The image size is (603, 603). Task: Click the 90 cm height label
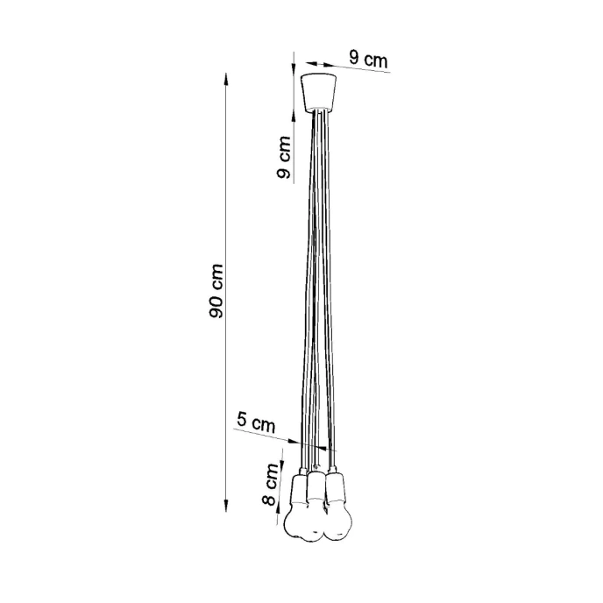pyautogui.click(x=217, y=290)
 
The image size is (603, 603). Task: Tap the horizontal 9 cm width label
pyautogui.click(x=367, y=60)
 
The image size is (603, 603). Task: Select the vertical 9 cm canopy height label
pyautogui.click(x=283, y=158)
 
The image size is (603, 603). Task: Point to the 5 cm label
pyautogui.click(x=256, y=422)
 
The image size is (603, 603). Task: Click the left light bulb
pyautogui.click(x=297, y=521)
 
